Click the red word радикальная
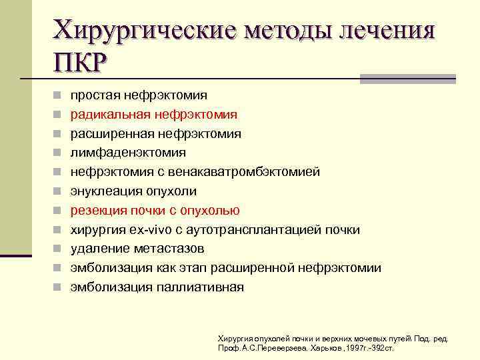(111, 115)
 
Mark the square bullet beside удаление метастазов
(59, 249)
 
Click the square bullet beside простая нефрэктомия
(59, 96)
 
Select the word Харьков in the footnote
(325, 349)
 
